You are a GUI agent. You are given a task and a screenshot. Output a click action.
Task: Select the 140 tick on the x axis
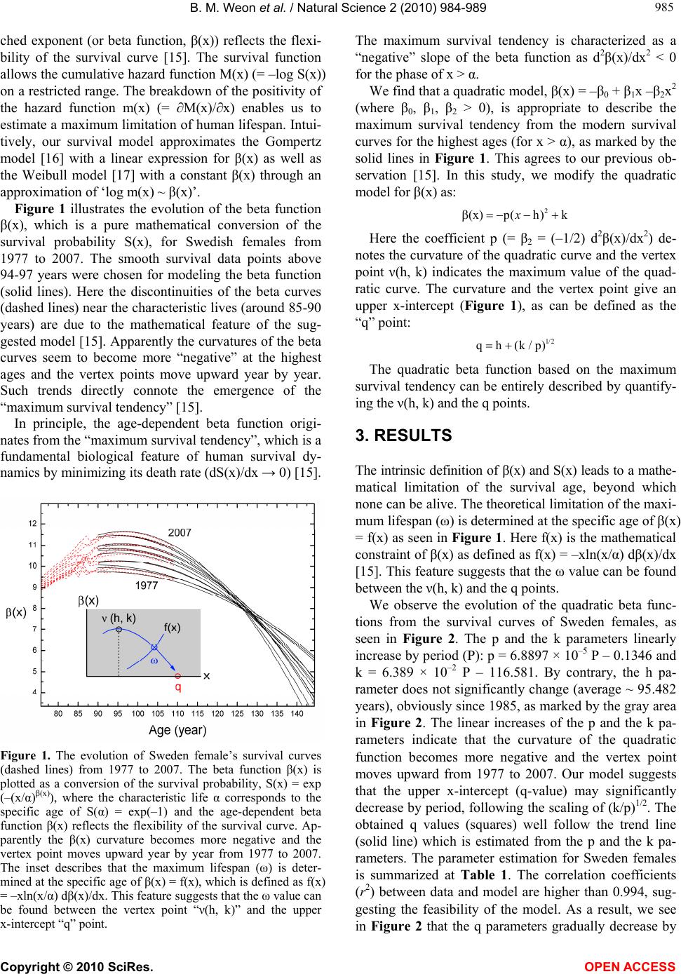click(x=297, y=713)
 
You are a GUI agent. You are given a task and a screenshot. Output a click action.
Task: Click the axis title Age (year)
click(x=177, y=730)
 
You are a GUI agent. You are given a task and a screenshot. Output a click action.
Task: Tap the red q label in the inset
click(x=177, y=688)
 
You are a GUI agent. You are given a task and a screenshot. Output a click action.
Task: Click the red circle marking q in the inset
click(x=178, y=676)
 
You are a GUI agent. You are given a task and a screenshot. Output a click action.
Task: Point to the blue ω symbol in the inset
click(x=154, y=661)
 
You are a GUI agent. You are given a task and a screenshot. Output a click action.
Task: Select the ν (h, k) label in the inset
click(x=119, y=617)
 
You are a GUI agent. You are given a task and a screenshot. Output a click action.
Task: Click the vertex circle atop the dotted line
click(x=119, y=630)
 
